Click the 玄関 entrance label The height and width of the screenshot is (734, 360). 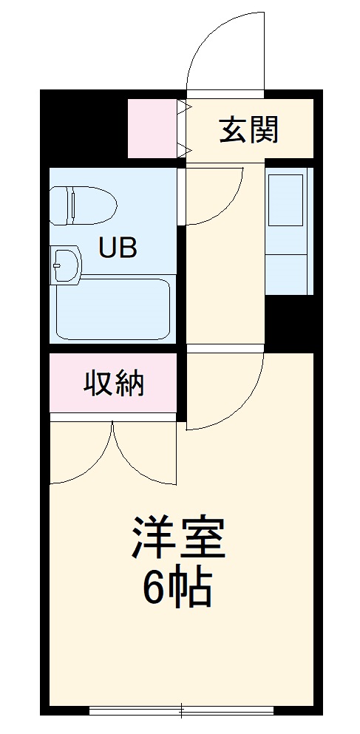pos(248,131)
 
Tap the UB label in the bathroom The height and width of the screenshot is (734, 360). pos(118,248)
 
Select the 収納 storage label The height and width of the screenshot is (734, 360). pos(113,384)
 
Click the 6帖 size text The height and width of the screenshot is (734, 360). pos(177,588)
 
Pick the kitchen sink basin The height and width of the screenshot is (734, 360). pos(285,200)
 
